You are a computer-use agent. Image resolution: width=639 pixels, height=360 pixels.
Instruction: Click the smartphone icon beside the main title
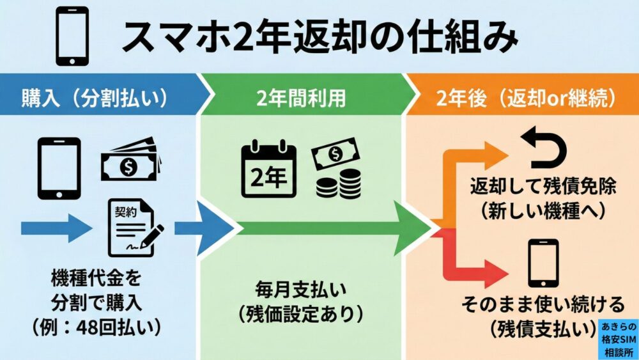pyautogui.click(x=72, y=38)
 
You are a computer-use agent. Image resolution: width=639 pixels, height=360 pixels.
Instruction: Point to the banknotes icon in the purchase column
pyautogui.click(x=129, y=162)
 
